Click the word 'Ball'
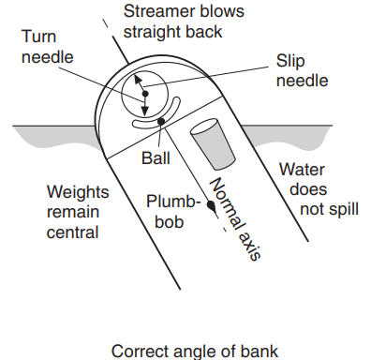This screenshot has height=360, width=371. pyautogui.click(x=155, y=157)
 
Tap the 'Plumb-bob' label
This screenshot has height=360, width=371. pyautogui.click(x=173, y=211)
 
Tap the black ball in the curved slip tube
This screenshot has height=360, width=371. pyautogui.click(x=161, y=121)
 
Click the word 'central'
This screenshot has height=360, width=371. pyautogui.click(x=73, y=232)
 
